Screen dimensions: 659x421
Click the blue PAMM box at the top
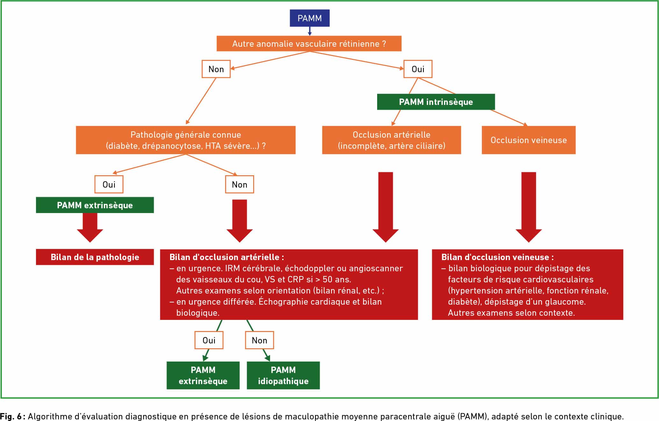click(x=309, y=18)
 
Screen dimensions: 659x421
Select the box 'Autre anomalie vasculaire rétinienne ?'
click(x=309, y=44)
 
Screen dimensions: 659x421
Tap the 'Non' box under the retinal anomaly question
click(x=216, y=69)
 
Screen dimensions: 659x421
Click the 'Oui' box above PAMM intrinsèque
click(x=418, y=69)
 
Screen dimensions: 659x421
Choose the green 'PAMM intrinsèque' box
click(x=436, y=102)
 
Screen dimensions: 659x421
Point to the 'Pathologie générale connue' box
click(x=186, y=140)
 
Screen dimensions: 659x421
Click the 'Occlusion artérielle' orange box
click(x=391, y=140)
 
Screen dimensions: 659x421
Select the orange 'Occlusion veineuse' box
click(x=529, y=140)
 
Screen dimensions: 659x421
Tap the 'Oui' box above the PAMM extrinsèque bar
click(x=109, y=184)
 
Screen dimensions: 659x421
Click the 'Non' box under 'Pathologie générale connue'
click(x=240, y=184)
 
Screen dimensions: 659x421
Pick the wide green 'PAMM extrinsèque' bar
click(x=95, y=205)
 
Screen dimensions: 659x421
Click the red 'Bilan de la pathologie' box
click(x=95, y=257)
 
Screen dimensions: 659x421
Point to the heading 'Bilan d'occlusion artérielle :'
click(x=226, y=257)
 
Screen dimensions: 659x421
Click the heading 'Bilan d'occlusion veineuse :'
click(x=498, y=257)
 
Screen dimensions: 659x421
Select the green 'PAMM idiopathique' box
click(x=283, y=375)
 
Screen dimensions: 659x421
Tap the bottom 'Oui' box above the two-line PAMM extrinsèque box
click(x=209, y=340)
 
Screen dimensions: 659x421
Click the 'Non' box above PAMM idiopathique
click(x=259, y=340)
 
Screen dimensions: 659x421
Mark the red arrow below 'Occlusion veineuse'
click(x=529, y=207)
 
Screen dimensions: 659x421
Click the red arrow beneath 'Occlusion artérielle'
click(x=386, y=207)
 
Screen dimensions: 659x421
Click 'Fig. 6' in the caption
click(x=11, y=416)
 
